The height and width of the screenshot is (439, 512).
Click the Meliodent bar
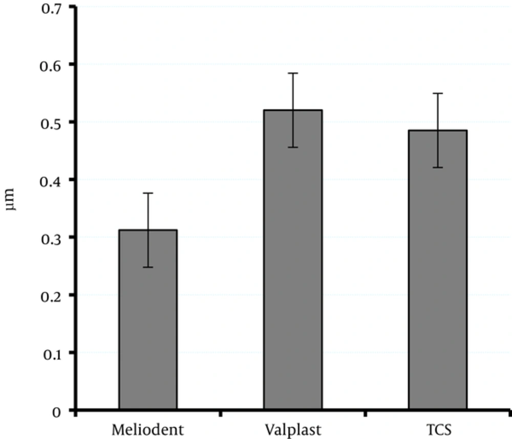coord(148,320)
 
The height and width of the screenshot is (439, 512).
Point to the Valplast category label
coord(293,429)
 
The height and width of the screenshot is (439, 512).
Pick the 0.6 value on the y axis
coord(51,65)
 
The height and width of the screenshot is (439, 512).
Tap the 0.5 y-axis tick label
coord(51,123)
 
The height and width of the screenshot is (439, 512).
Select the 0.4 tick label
coord(51,180)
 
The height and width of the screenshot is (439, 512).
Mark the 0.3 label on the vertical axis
coord(51,238)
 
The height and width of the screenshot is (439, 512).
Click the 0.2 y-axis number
coord(51,296)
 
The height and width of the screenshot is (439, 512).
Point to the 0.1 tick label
coord(51,353)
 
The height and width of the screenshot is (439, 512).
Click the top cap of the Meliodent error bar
coord(148,193)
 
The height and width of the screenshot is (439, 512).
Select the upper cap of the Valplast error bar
coord(293,73)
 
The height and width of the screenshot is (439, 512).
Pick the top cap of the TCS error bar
coord(437,93)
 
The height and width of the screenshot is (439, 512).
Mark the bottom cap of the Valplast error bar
coord(293,147)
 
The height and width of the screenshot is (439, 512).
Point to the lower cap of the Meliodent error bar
coord(148,267)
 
